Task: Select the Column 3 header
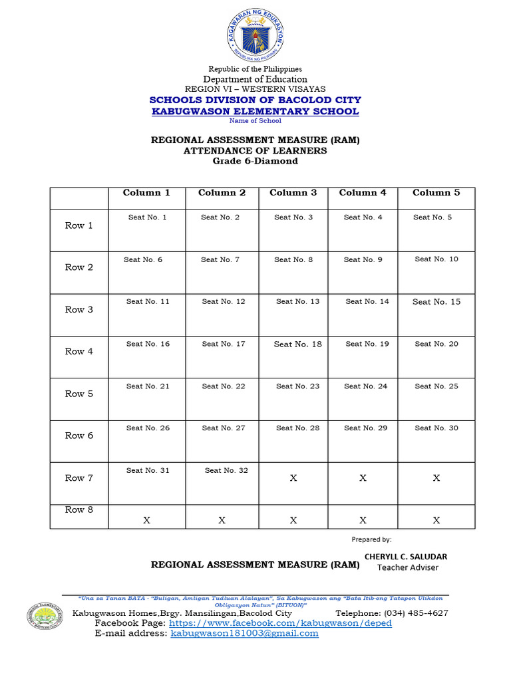pyautogui.click(x=293, y=193)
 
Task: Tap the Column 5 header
pyautogui.click(x=436, y=193)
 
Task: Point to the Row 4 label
pyautogui.click(x=79, y=351)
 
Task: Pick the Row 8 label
pyautogui.click(x=79, y=510)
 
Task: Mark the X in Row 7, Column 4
pyautogui.click(x=363, y=478)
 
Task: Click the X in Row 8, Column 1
pyautogui.click(x=146, y=521)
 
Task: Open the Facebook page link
pyautogui.click(x=280, y=623)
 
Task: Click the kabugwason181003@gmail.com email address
pyautogui.click(x=244, y=634)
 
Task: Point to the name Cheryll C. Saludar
pyautogui.click(x=406, y=557)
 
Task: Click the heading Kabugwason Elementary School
pyautogui.click(x=255, y=111)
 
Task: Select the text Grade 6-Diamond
pyautogui.click(x=255, y=161)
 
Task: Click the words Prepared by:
pyautogui.click(x=371, y=539)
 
